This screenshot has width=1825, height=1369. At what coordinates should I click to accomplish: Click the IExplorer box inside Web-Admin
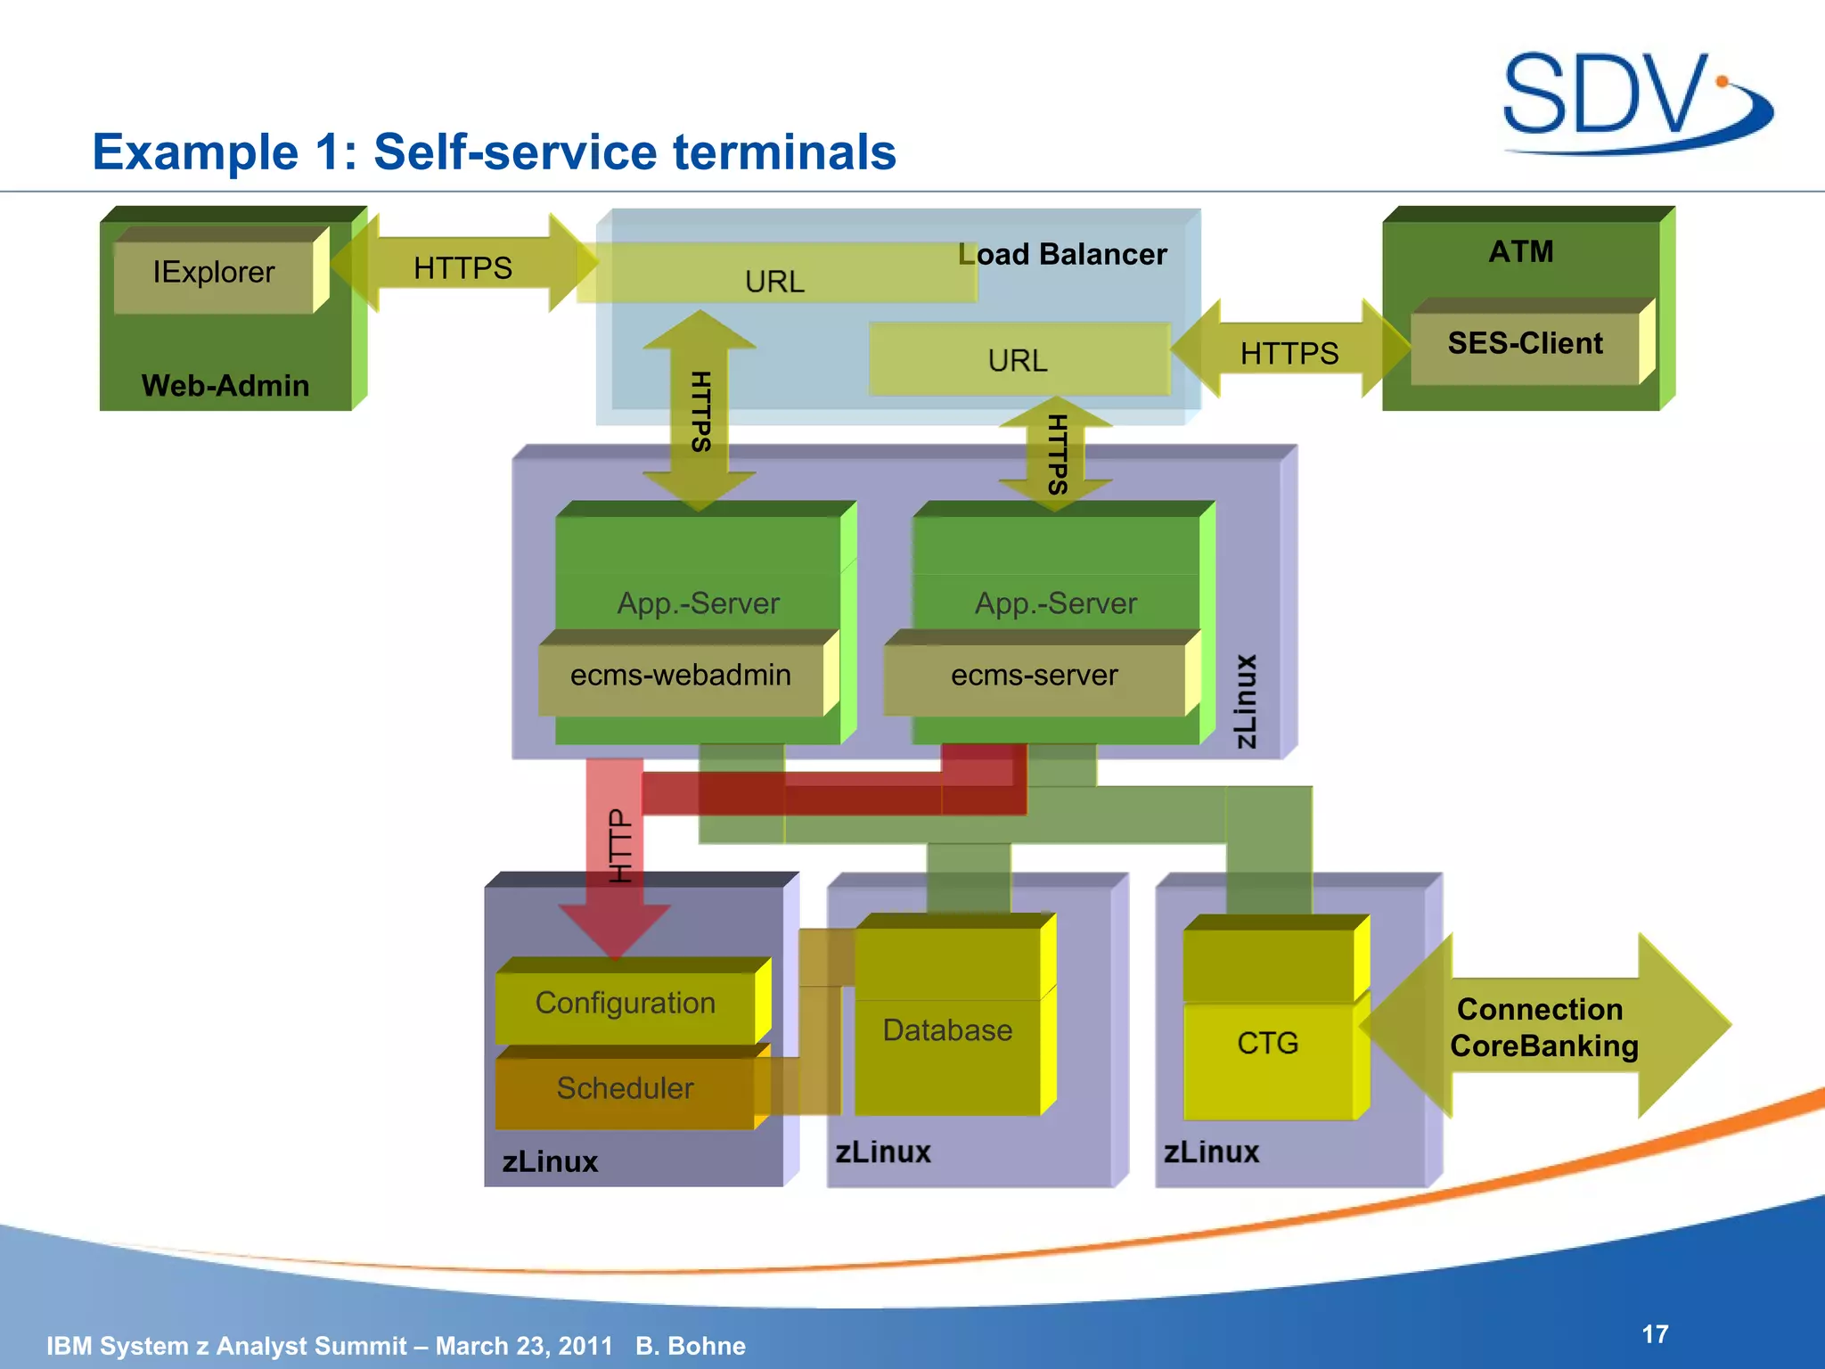pos(214,272)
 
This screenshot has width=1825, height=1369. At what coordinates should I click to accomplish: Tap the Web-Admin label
pos(225,386)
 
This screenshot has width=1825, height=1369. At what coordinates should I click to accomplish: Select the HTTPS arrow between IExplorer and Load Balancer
pos(462,267)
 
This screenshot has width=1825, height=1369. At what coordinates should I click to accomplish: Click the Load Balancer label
pos(1062,255)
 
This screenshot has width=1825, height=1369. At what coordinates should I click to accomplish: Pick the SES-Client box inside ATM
pos(1525,344)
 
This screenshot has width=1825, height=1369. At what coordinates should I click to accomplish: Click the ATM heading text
pos(1520,251)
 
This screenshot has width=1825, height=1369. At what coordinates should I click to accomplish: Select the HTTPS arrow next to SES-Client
pos(1289,354)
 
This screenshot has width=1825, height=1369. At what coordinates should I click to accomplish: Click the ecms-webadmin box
pos(681,676)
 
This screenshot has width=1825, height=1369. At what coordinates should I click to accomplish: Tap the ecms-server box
pos(1034,676)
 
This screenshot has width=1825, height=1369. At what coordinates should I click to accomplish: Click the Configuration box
pos(625,1004)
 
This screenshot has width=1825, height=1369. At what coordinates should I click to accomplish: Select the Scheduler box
pos(625,1088)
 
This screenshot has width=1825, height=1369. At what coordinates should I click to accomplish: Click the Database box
pos(947,1031)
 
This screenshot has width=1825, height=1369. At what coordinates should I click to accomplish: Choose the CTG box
pos(1267,1044)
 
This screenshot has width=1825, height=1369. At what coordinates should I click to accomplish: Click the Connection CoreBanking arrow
pos(1543,1028)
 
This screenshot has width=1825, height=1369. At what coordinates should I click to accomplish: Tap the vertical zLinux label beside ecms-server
pos(1246,701)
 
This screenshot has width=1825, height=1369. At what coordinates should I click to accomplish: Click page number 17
pos(1655,1334)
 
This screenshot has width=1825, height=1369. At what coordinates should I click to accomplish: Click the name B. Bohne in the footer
pos(691,1346)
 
